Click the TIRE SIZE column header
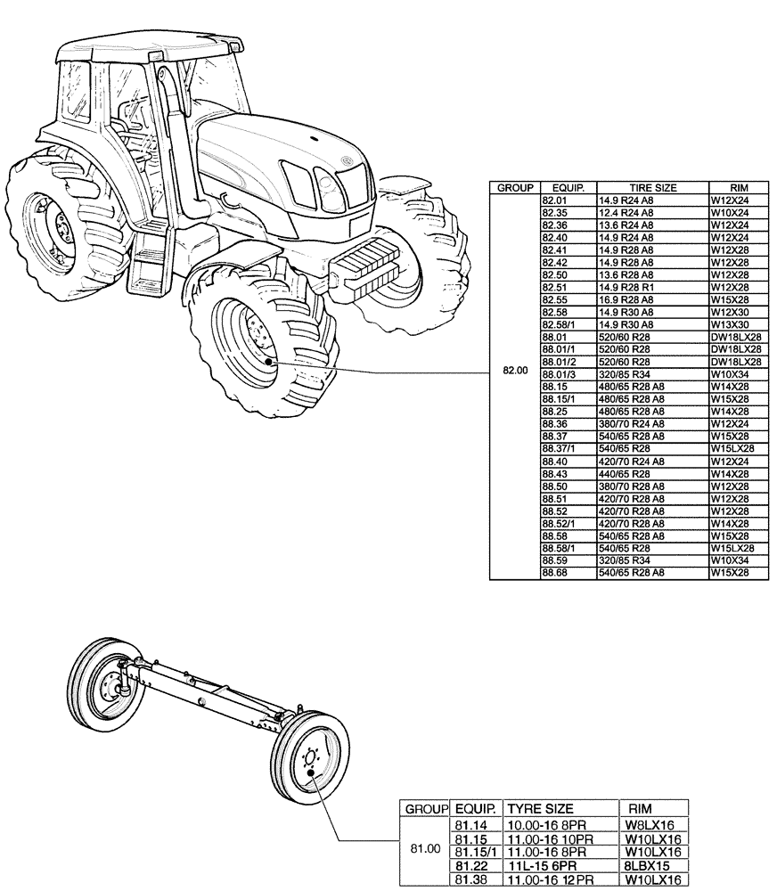tap(652, 188)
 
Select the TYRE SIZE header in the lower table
tap(540, 808)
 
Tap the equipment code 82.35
tap(554, 214)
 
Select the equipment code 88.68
tap(554, 572)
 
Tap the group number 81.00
tap(425, 848)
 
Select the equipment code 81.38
tap(470, 879)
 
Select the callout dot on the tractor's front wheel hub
tap(270, 361)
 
